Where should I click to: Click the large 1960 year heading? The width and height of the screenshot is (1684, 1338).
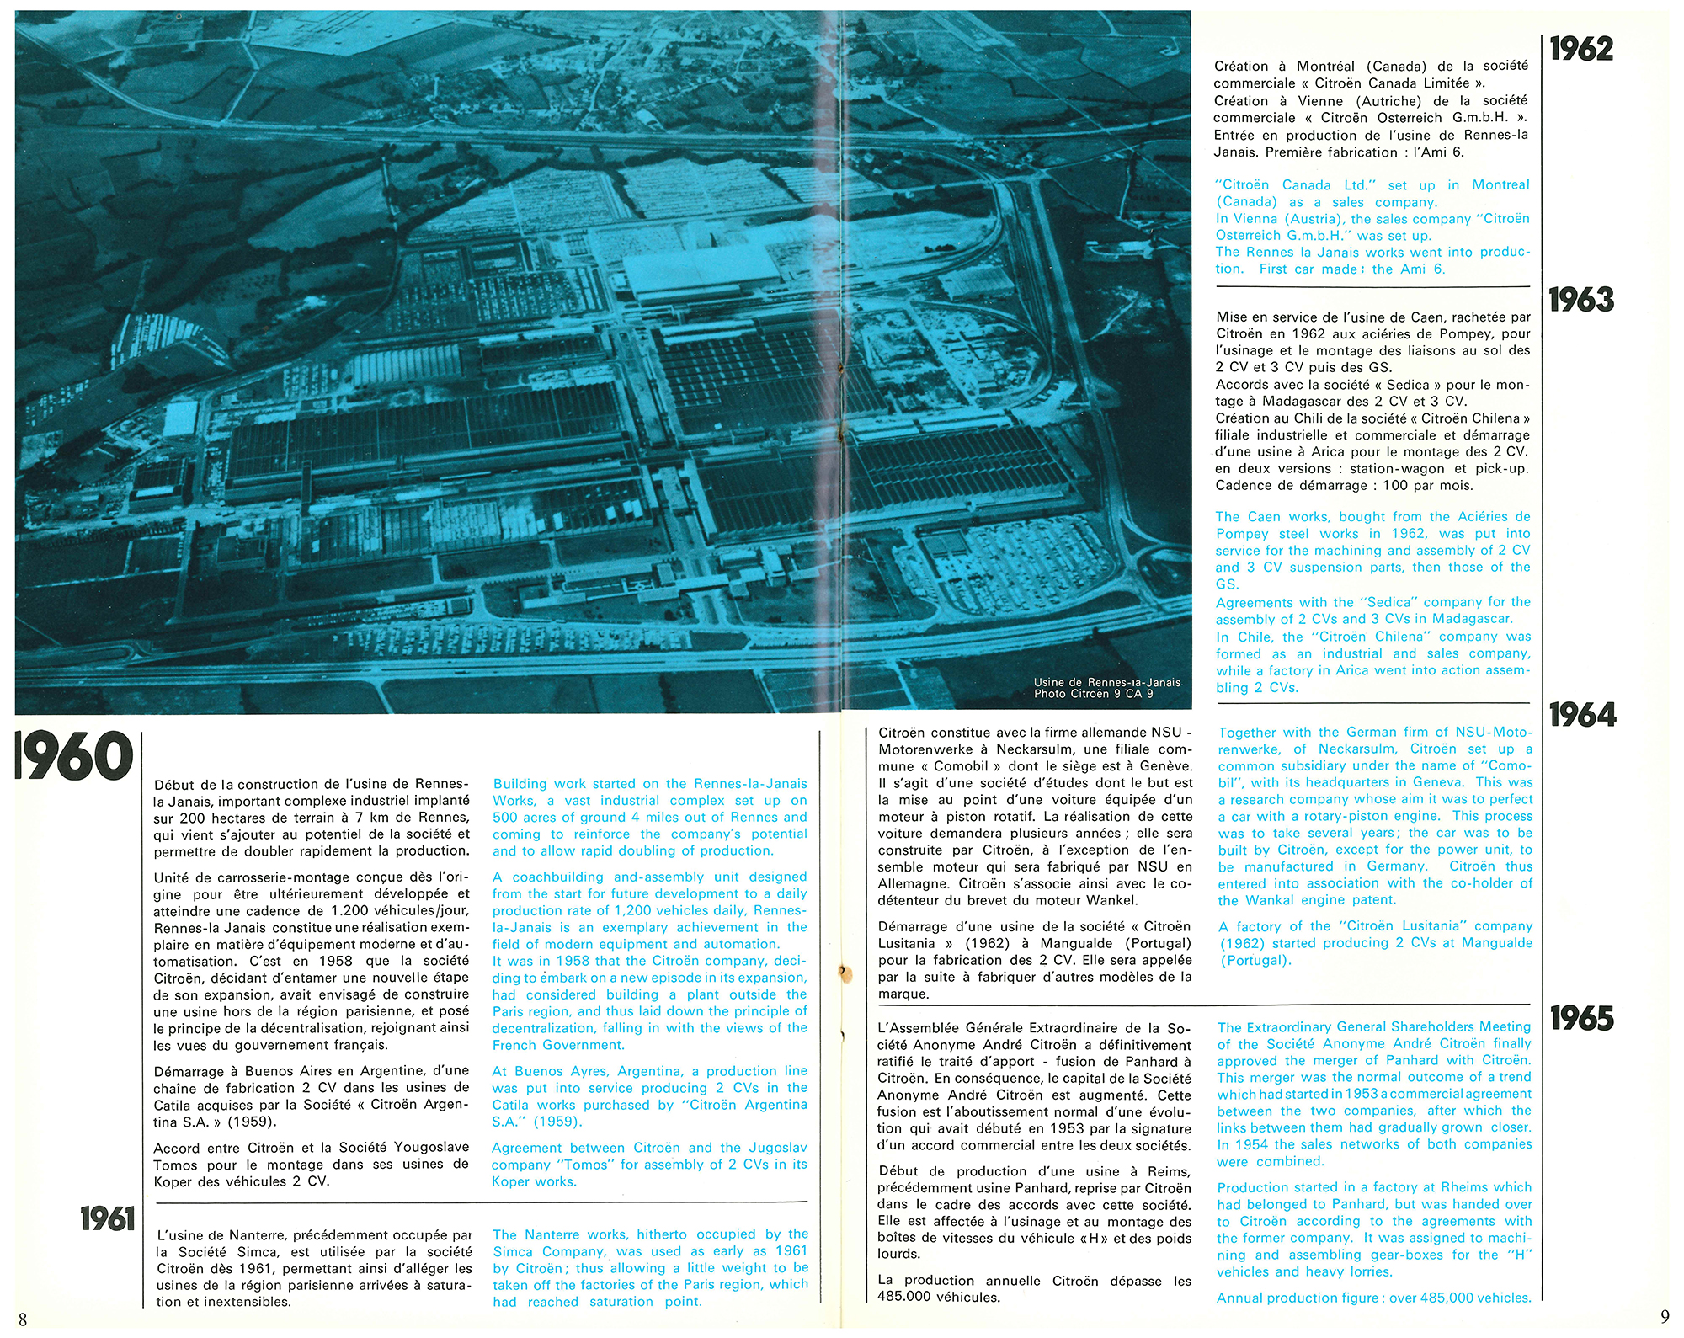74,755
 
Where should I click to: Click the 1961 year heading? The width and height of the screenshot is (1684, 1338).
107,1218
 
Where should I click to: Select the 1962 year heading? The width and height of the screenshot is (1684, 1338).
1581,49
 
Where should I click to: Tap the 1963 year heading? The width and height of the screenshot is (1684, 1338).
1581,300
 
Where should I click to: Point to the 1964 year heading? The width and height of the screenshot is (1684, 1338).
1582,715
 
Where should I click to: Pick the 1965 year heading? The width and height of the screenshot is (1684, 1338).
1581,1018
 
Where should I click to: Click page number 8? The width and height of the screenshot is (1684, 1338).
23,1319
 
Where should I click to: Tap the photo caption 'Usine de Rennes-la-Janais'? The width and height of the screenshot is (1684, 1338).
1106,682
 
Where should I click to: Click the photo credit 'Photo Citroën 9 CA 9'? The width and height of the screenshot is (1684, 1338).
1093,694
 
